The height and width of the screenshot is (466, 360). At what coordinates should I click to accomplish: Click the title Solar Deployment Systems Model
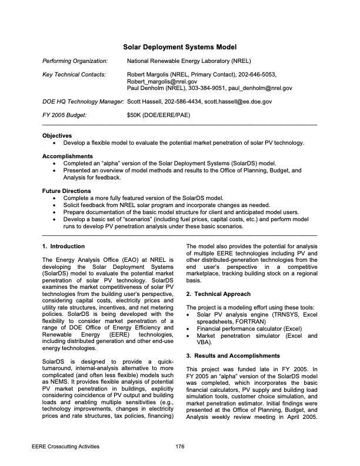click(179, 47)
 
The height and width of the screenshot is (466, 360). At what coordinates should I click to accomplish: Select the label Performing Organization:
click(75, 61)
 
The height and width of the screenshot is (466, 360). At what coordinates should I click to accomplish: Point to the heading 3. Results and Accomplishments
click(232, 356)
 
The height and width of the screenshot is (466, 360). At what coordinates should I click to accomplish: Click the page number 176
click(180, 447)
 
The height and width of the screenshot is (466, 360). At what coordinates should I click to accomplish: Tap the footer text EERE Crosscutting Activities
click(65, 447)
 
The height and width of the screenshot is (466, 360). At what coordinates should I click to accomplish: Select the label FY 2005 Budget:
click(64, 115)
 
